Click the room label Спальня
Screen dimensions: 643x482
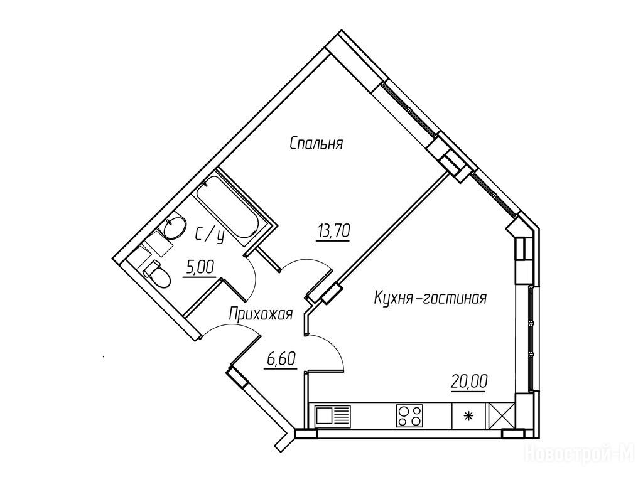click(x=316, y=144)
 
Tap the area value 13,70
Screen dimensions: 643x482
click(x=333, y=232)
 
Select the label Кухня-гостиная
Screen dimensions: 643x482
click(x=430, y=298)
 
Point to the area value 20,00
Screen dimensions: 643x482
click(x=469, y=382)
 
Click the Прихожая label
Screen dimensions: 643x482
click(x=261, y=315)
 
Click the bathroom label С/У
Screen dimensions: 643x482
click(x=210, y=237)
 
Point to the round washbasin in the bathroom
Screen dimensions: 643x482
click(x=175, y=227)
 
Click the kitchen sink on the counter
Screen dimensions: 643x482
click(x=332, y=415)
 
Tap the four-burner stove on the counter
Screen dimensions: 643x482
click(x=409, y=415)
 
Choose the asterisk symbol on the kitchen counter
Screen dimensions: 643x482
click(x=467, y=416)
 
